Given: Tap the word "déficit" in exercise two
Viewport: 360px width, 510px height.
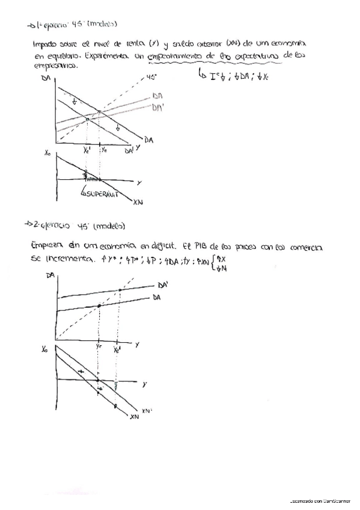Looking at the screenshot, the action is tap(159, 247).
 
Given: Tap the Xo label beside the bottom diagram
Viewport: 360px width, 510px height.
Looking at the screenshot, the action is tap(46, 349).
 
